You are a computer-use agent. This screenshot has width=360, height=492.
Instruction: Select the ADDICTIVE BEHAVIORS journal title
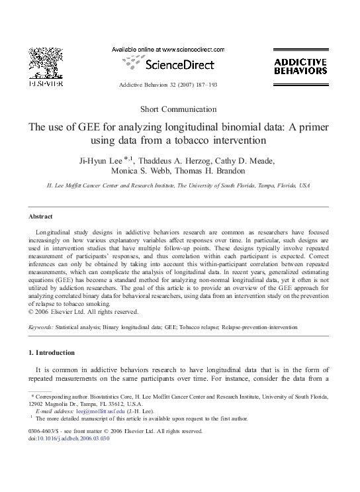click(300, 66)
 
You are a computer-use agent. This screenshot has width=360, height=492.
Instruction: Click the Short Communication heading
click(179, 109)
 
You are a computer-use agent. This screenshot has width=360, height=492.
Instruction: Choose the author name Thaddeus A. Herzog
click(175, 160)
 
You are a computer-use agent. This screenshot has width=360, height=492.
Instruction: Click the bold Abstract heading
click(41, 217)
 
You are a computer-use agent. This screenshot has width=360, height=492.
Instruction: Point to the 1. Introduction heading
click(56, 353)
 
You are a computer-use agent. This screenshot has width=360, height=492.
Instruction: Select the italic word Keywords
click(42, 327)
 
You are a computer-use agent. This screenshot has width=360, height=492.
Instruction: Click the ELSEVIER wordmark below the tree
click(45, 83)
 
